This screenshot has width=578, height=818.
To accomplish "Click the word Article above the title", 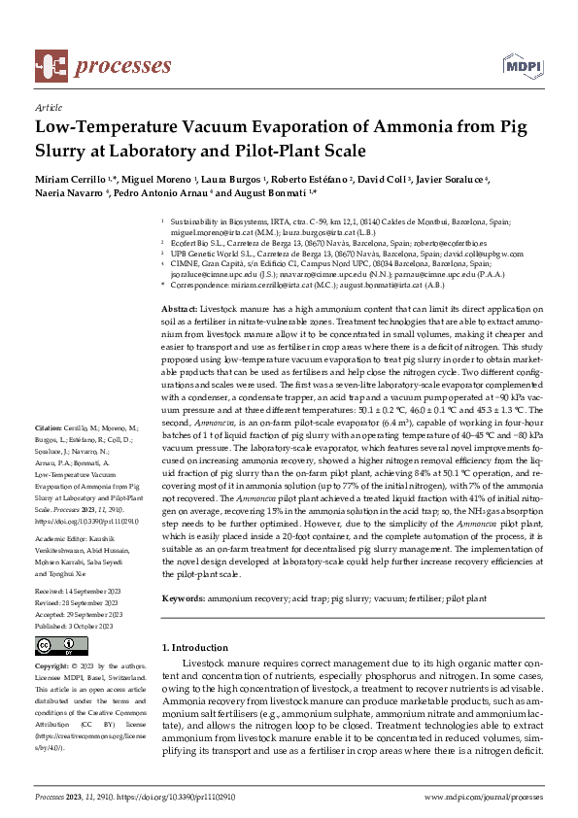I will (48, 108).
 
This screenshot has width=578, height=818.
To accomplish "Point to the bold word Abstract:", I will (178, 307).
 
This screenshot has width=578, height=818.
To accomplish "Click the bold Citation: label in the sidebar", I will (49, 455).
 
